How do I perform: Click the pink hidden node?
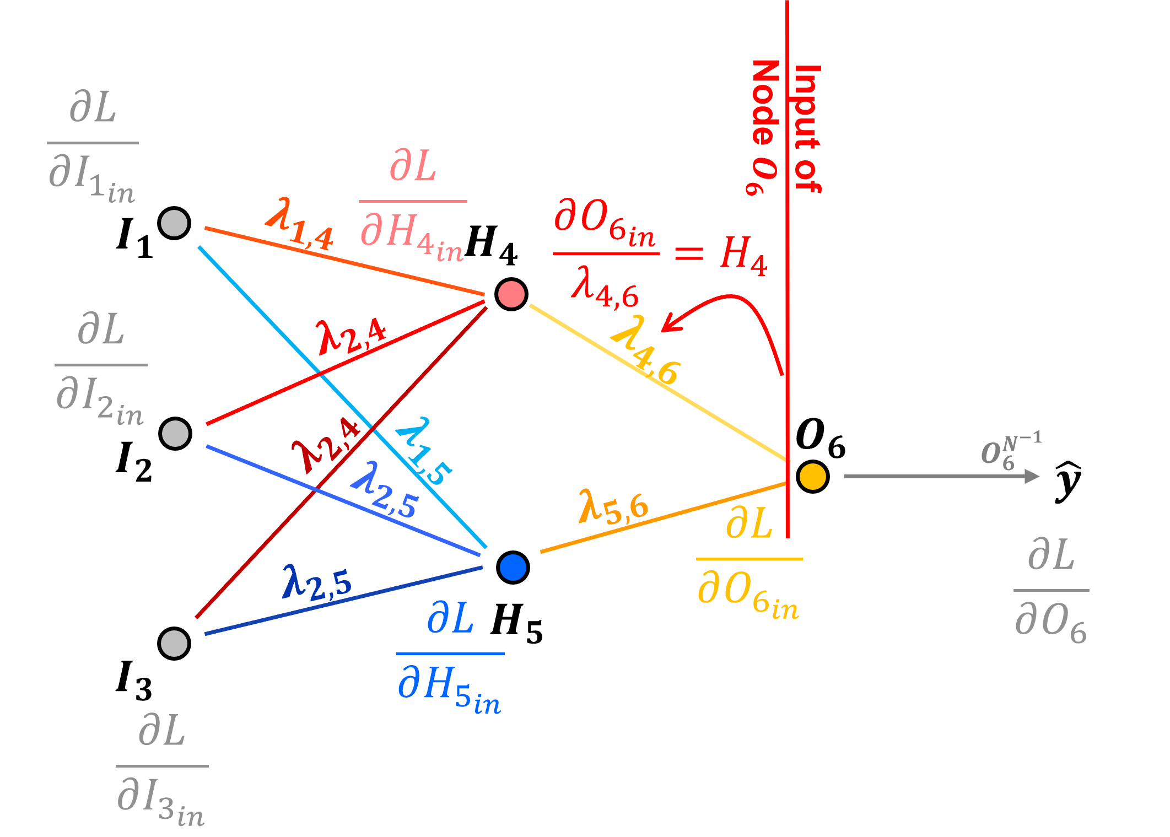[511, 294]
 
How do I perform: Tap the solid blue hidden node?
[513, 568]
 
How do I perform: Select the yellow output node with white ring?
[813, 476]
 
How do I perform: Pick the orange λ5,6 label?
[613, 506]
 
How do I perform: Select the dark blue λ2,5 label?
[317, 583]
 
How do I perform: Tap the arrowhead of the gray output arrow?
[1032, 476]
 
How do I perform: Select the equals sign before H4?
[689, 253]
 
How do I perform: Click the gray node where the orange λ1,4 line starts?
[174, 223]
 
